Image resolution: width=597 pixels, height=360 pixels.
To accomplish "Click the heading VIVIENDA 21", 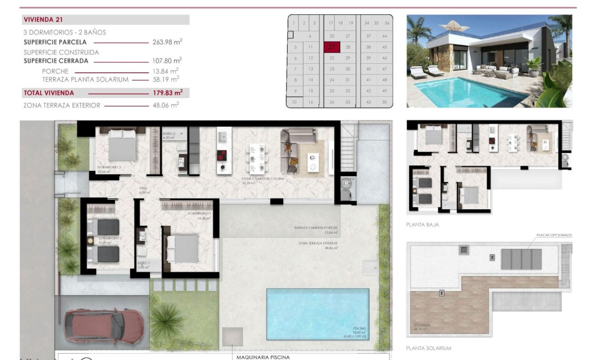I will click(x=44, y=20).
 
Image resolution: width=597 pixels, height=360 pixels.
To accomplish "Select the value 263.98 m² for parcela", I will click(x=167, y=42).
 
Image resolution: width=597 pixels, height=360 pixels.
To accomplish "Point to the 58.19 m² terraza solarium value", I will click(x=165, y=79).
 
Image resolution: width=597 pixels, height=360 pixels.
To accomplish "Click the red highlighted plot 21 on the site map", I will click(x=332, y=46).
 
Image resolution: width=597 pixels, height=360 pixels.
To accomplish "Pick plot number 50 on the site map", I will click(x=384, y=101).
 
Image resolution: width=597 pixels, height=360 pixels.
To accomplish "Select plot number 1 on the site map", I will click(x=293, y=23).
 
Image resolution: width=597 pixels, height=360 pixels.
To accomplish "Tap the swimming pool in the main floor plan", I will click(x=317, y=314).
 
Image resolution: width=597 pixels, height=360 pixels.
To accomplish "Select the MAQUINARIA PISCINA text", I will click(x=263, y=357).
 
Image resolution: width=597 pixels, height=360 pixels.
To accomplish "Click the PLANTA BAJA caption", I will click(x=422, y=225).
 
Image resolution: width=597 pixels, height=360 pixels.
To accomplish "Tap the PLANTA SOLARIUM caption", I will click(x=428, y=348).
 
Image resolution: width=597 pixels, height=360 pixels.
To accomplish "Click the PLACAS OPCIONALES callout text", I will click(x=553, y=235).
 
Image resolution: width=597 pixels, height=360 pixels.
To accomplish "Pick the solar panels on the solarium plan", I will click(x=521, y=259).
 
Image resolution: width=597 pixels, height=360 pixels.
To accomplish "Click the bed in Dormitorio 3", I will click(x=123, y=145).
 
